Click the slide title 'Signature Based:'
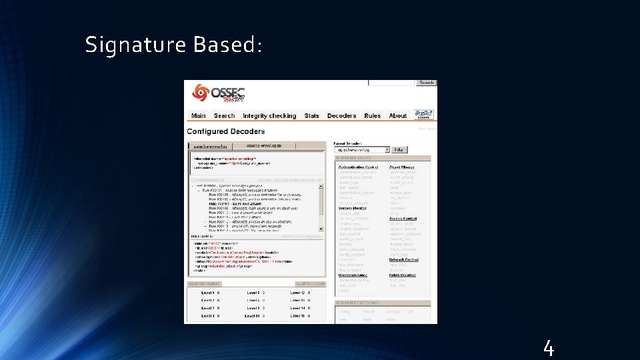point(174,45)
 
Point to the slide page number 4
point(548,348)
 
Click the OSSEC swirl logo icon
point(199,93)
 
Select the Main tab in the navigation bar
point(199,115)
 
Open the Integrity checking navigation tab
point(269,115)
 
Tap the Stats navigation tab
point(311,115)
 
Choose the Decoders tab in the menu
point(341,115)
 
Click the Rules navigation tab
point(373,115)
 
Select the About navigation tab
point(398,115)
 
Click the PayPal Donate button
point(423,115)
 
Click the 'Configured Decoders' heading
point(226,132)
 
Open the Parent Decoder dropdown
point(362,150)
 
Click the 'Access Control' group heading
point(403,218)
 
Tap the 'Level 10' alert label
point(253,315)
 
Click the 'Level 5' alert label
point(253,293)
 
